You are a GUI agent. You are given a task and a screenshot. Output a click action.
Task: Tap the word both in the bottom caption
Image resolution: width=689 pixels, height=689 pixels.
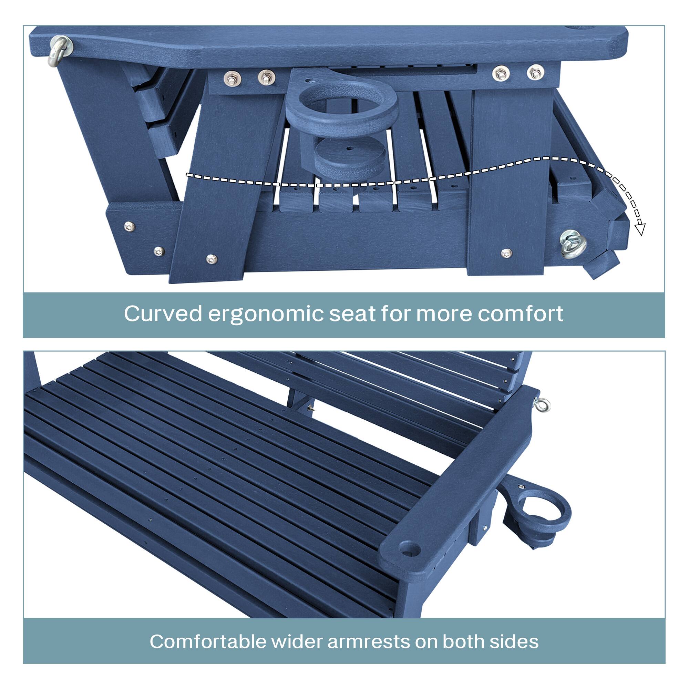pyautogui.click(x=464, y=631)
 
